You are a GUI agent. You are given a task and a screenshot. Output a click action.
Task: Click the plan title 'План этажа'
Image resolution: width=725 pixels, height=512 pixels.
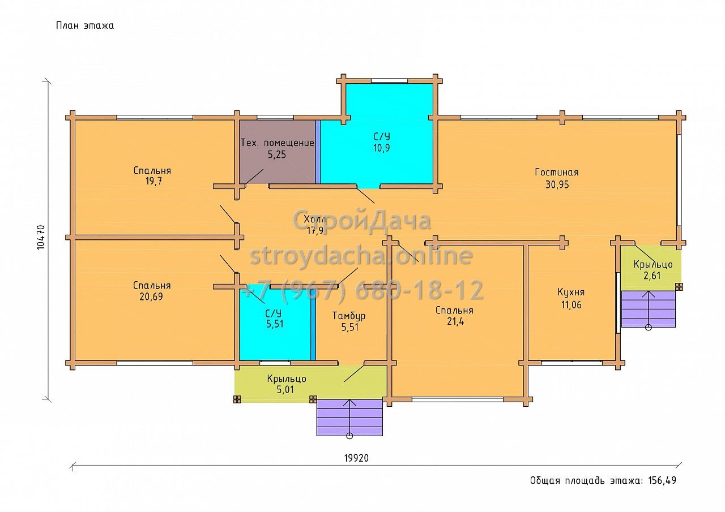[85, 25]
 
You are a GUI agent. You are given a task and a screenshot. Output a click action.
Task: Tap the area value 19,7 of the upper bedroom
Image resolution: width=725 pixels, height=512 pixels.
[153, 181]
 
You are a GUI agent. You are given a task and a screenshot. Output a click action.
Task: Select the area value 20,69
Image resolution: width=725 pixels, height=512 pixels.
[151, 296]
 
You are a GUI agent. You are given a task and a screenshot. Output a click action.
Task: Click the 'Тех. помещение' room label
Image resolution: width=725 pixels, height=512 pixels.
[278, 143]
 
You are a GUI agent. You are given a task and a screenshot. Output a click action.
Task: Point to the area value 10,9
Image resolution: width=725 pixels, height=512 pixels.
[382, 148]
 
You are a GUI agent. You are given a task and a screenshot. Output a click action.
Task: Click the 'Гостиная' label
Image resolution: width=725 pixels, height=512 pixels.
[557, 173]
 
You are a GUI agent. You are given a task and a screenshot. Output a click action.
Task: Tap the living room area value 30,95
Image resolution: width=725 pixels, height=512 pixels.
[557, 184]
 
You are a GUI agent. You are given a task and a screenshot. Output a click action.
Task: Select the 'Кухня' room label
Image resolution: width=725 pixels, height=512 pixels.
[571, 292]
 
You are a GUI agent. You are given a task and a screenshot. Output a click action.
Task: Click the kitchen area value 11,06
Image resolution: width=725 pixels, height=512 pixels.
[572, 304]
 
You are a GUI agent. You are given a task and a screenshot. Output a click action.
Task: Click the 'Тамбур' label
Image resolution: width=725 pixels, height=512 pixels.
[349, 316]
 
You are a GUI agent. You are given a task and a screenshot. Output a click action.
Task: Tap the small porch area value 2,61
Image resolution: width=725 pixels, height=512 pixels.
[652, 276]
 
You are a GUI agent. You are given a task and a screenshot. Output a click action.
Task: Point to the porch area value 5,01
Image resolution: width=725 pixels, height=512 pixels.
[285, 389]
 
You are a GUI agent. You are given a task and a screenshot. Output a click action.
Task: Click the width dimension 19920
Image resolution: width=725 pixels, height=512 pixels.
[356, 458]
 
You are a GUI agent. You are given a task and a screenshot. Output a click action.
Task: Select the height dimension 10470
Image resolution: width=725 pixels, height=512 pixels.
[41, 237]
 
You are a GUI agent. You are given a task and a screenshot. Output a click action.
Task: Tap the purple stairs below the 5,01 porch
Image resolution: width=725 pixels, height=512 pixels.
[349, 418]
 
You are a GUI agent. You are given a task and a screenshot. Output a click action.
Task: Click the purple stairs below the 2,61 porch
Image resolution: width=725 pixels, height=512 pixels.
[649, 309]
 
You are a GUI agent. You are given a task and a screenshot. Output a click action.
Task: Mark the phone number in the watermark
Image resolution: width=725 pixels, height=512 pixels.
[362, 290]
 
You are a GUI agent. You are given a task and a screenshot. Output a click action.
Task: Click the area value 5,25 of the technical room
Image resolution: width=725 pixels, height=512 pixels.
[277, 154]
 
